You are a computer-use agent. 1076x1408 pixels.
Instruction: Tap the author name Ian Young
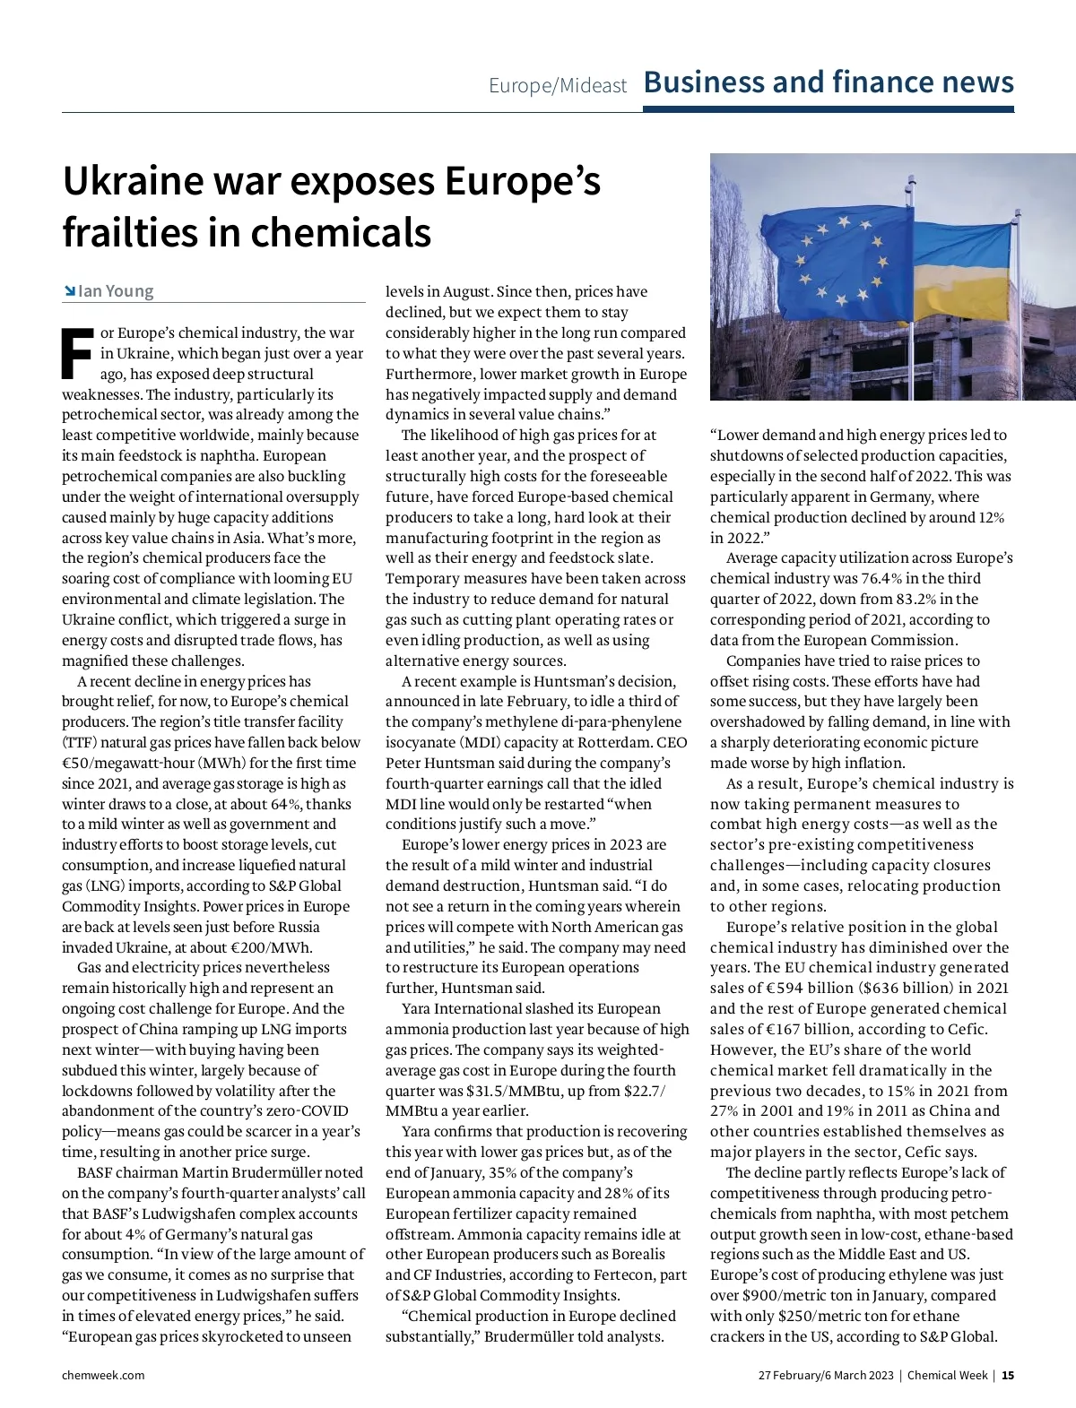point(116,291)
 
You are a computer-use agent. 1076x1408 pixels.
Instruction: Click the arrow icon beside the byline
point(69,291)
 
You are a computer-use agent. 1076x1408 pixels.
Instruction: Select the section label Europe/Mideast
point(558,86)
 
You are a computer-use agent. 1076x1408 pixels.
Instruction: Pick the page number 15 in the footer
point(1008,1376)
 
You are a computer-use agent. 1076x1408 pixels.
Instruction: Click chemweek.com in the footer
point(103,1376)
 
